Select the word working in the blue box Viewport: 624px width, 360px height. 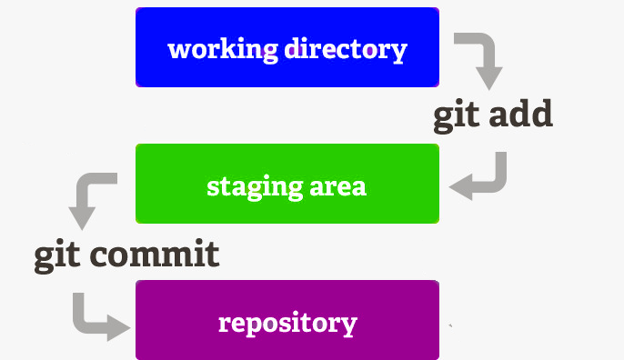click(x=222, y=49)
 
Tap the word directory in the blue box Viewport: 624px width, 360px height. click(x=345, y=49)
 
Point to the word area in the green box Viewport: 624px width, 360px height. click(x=337, y=186)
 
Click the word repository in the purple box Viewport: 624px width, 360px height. click(x=287, y=324)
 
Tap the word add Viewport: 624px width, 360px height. click(x=520, y=115)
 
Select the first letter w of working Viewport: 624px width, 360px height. click(x=177, y=49)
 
